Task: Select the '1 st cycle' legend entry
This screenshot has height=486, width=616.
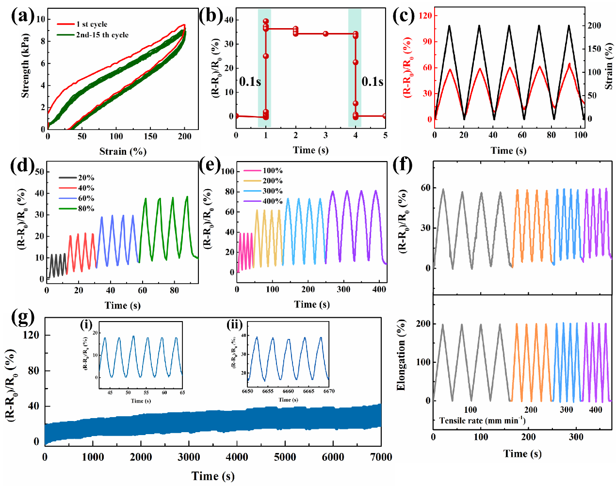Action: pos(91,24)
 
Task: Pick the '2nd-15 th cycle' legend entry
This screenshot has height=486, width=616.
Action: pos(102,35)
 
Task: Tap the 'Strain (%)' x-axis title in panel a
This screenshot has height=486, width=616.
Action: pos(123,151)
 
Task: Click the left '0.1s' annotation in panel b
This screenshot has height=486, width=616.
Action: pos(250,81)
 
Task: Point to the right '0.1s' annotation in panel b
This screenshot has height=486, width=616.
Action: pos(373,81)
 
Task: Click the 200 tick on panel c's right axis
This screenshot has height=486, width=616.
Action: pos(594,25)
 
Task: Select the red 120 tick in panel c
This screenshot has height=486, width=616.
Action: pos(425,16)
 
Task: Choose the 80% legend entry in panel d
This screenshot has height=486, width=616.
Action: pos(86,209)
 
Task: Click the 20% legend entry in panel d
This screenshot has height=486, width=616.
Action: pos(86,178)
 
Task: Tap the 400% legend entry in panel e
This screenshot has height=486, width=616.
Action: pos(272,201)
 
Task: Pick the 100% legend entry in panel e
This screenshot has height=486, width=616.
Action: pos(272,171)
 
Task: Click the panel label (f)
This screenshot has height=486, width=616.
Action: pos(402,165)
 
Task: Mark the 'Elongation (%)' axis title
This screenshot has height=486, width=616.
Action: pos(401,355)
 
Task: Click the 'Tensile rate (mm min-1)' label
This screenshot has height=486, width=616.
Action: pos(482,421)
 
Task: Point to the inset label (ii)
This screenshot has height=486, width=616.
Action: pos(235,324)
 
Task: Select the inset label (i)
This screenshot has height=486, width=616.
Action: pos(86,324)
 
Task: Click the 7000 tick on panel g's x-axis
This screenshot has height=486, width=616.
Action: pos(381,457)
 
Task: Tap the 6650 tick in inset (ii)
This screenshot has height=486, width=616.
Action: pos(247,391)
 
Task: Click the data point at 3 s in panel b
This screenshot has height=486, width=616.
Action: pos(325,33)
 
